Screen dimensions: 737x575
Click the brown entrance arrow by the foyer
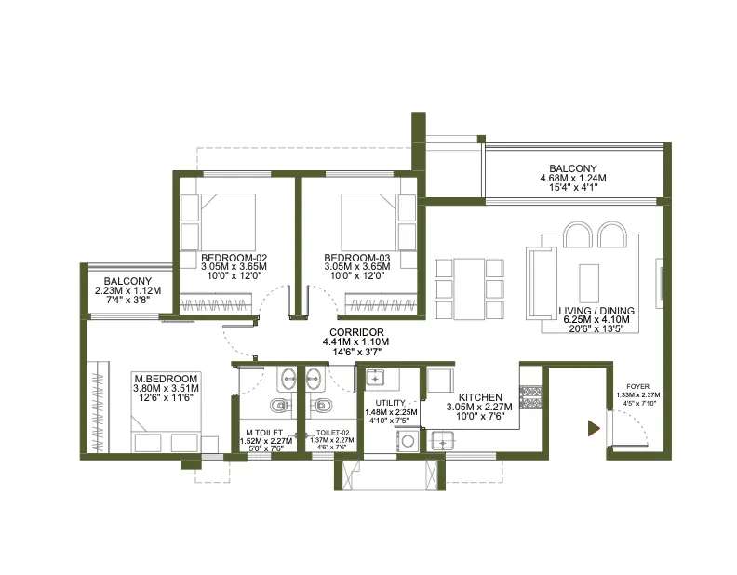[594, 428]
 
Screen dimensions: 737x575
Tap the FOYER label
[637, 387]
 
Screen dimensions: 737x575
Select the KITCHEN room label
[480, 397]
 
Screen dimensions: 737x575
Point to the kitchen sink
[442, 440]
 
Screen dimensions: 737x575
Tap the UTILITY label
[390, 403]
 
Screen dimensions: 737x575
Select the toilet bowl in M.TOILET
[280, 405]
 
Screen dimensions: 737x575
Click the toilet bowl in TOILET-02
[321, 405]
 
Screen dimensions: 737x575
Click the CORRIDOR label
[356, 332]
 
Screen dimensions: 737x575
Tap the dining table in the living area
[469, 289]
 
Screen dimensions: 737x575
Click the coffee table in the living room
[589, 283]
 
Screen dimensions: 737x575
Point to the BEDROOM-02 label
[234, 258]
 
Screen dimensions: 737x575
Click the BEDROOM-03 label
[357, 258]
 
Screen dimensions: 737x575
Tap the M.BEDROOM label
[166, 379]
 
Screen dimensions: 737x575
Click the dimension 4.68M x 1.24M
[573, 178]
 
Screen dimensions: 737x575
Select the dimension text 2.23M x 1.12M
[127, 291]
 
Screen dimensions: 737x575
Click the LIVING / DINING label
[596, 311]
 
